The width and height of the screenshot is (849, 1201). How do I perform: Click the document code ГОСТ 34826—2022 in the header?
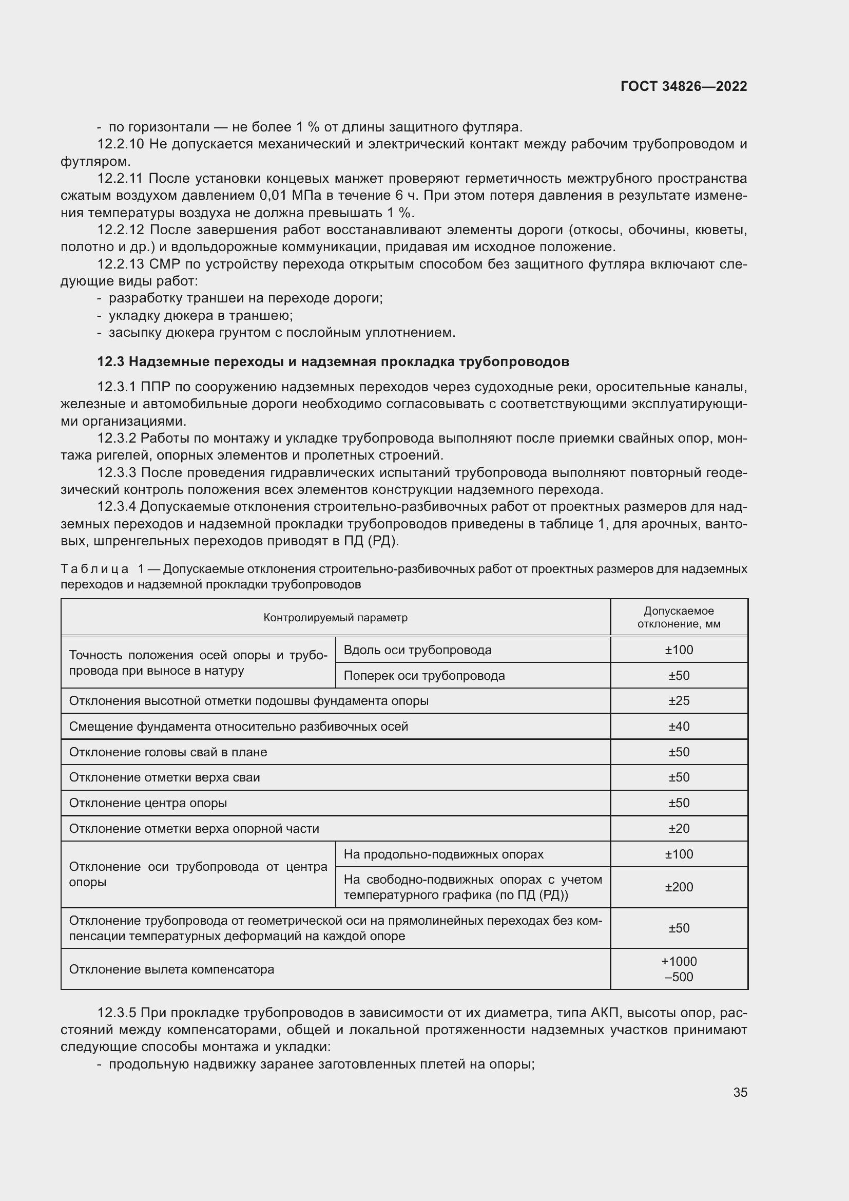(683, 86)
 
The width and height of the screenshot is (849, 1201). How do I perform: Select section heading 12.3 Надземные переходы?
(333, 361)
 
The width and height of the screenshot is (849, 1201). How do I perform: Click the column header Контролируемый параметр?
(335, 618)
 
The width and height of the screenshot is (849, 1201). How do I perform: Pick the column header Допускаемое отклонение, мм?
(679, 617)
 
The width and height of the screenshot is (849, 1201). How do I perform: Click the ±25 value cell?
(679, 701)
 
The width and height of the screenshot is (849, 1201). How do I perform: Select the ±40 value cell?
(679, 727)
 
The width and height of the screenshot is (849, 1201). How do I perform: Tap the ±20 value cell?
(679, 829)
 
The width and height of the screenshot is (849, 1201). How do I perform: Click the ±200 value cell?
(679, 887)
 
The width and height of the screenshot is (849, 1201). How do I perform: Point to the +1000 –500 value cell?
(679, 969)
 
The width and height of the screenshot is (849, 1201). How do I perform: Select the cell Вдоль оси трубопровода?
(417, 650)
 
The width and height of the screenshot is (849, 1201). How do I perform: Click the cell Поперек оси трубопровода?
(424, 676)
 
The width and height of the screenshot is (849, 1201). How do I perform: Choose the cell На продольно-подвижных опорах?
(443, 854)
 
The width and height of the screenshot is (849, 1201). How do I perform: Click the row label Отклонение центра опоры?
(148, 803)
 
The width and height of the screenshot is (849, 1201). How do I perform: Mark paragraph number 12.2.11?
(120, 178)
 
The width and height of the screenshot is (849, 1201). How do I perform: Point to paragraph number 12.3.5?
(117, 1013)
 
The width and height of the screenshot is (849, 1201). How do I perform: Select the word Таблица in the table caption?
(94, 568)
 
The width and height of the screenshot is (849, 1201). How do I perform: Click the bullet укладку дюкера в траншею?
(201, 315)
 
